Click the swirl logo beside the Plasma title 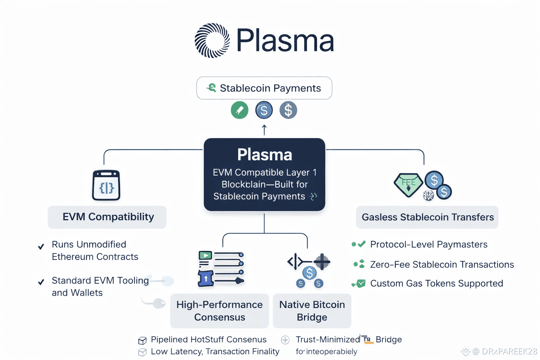pos(212,40)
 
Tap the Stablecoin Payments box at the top pos(264,88)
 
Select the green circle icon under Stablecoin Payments pos(239,110)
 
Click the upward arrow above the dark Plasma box pos(264,130)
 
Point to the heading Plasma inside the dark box pos(264,155)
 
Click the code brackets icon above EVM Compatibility pos(106,186)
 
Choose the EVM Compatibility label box pos(107,217)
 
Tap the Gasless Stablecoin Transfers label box pos(427,217)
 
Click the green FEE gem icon pos(408,184)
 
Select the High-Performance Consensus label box pos(219,311)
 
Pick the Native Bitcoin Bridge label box pos(312,311)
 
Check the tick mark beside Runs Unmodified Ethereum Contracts pos(41,246)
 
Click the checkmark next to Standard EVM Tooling pos(41,282)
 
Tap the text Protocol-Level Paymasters pos(429,244)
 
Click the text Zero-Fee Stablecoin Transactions pos(442,264)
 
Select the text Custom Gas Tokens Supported pos(436,283)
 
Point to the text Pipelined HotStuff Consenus pos(208,340)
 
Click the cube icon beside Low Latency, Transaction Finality pos(142,352)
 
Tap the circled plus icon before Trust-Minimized pos(285,340)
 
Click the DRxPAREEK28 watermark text pos(509,351)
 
